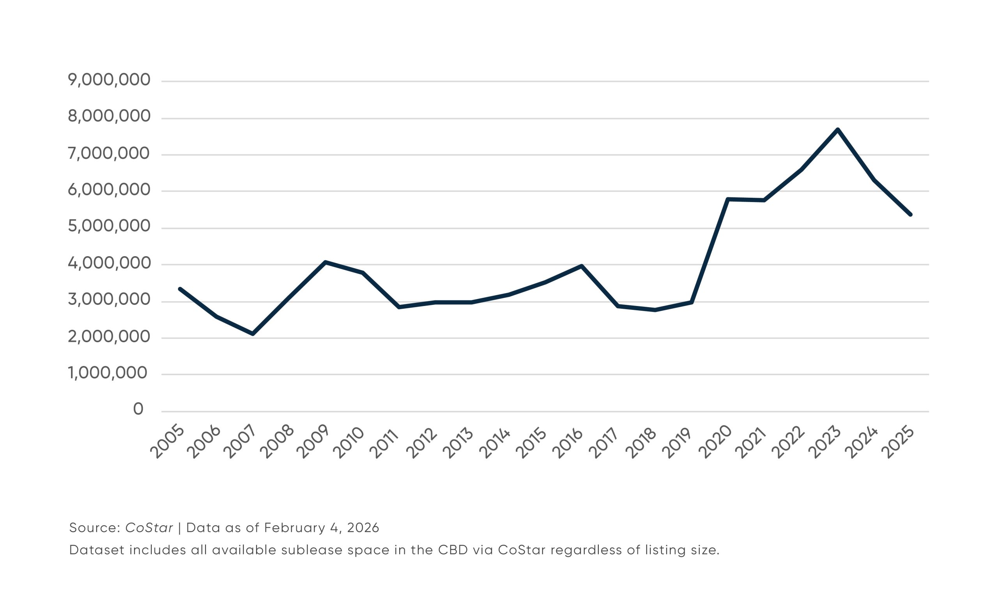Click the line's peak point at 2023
837,130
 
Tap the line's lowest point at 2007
253,334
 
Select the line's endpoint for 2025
910,215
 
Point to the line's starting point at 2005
180,289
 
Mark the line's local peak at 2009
326,262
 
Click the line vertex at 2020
728,199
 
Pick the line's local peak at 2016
582,266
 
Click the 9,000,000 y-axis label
109,80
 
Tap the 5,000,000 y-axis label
109,226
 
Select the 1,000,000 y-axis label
107,373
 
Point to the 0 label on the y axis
138,409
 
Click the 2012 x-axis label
422,443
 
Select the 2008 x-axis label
276,443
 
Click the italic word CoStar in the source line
149,528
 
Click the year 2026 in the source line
363,528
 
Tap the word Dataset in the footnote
96,550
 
